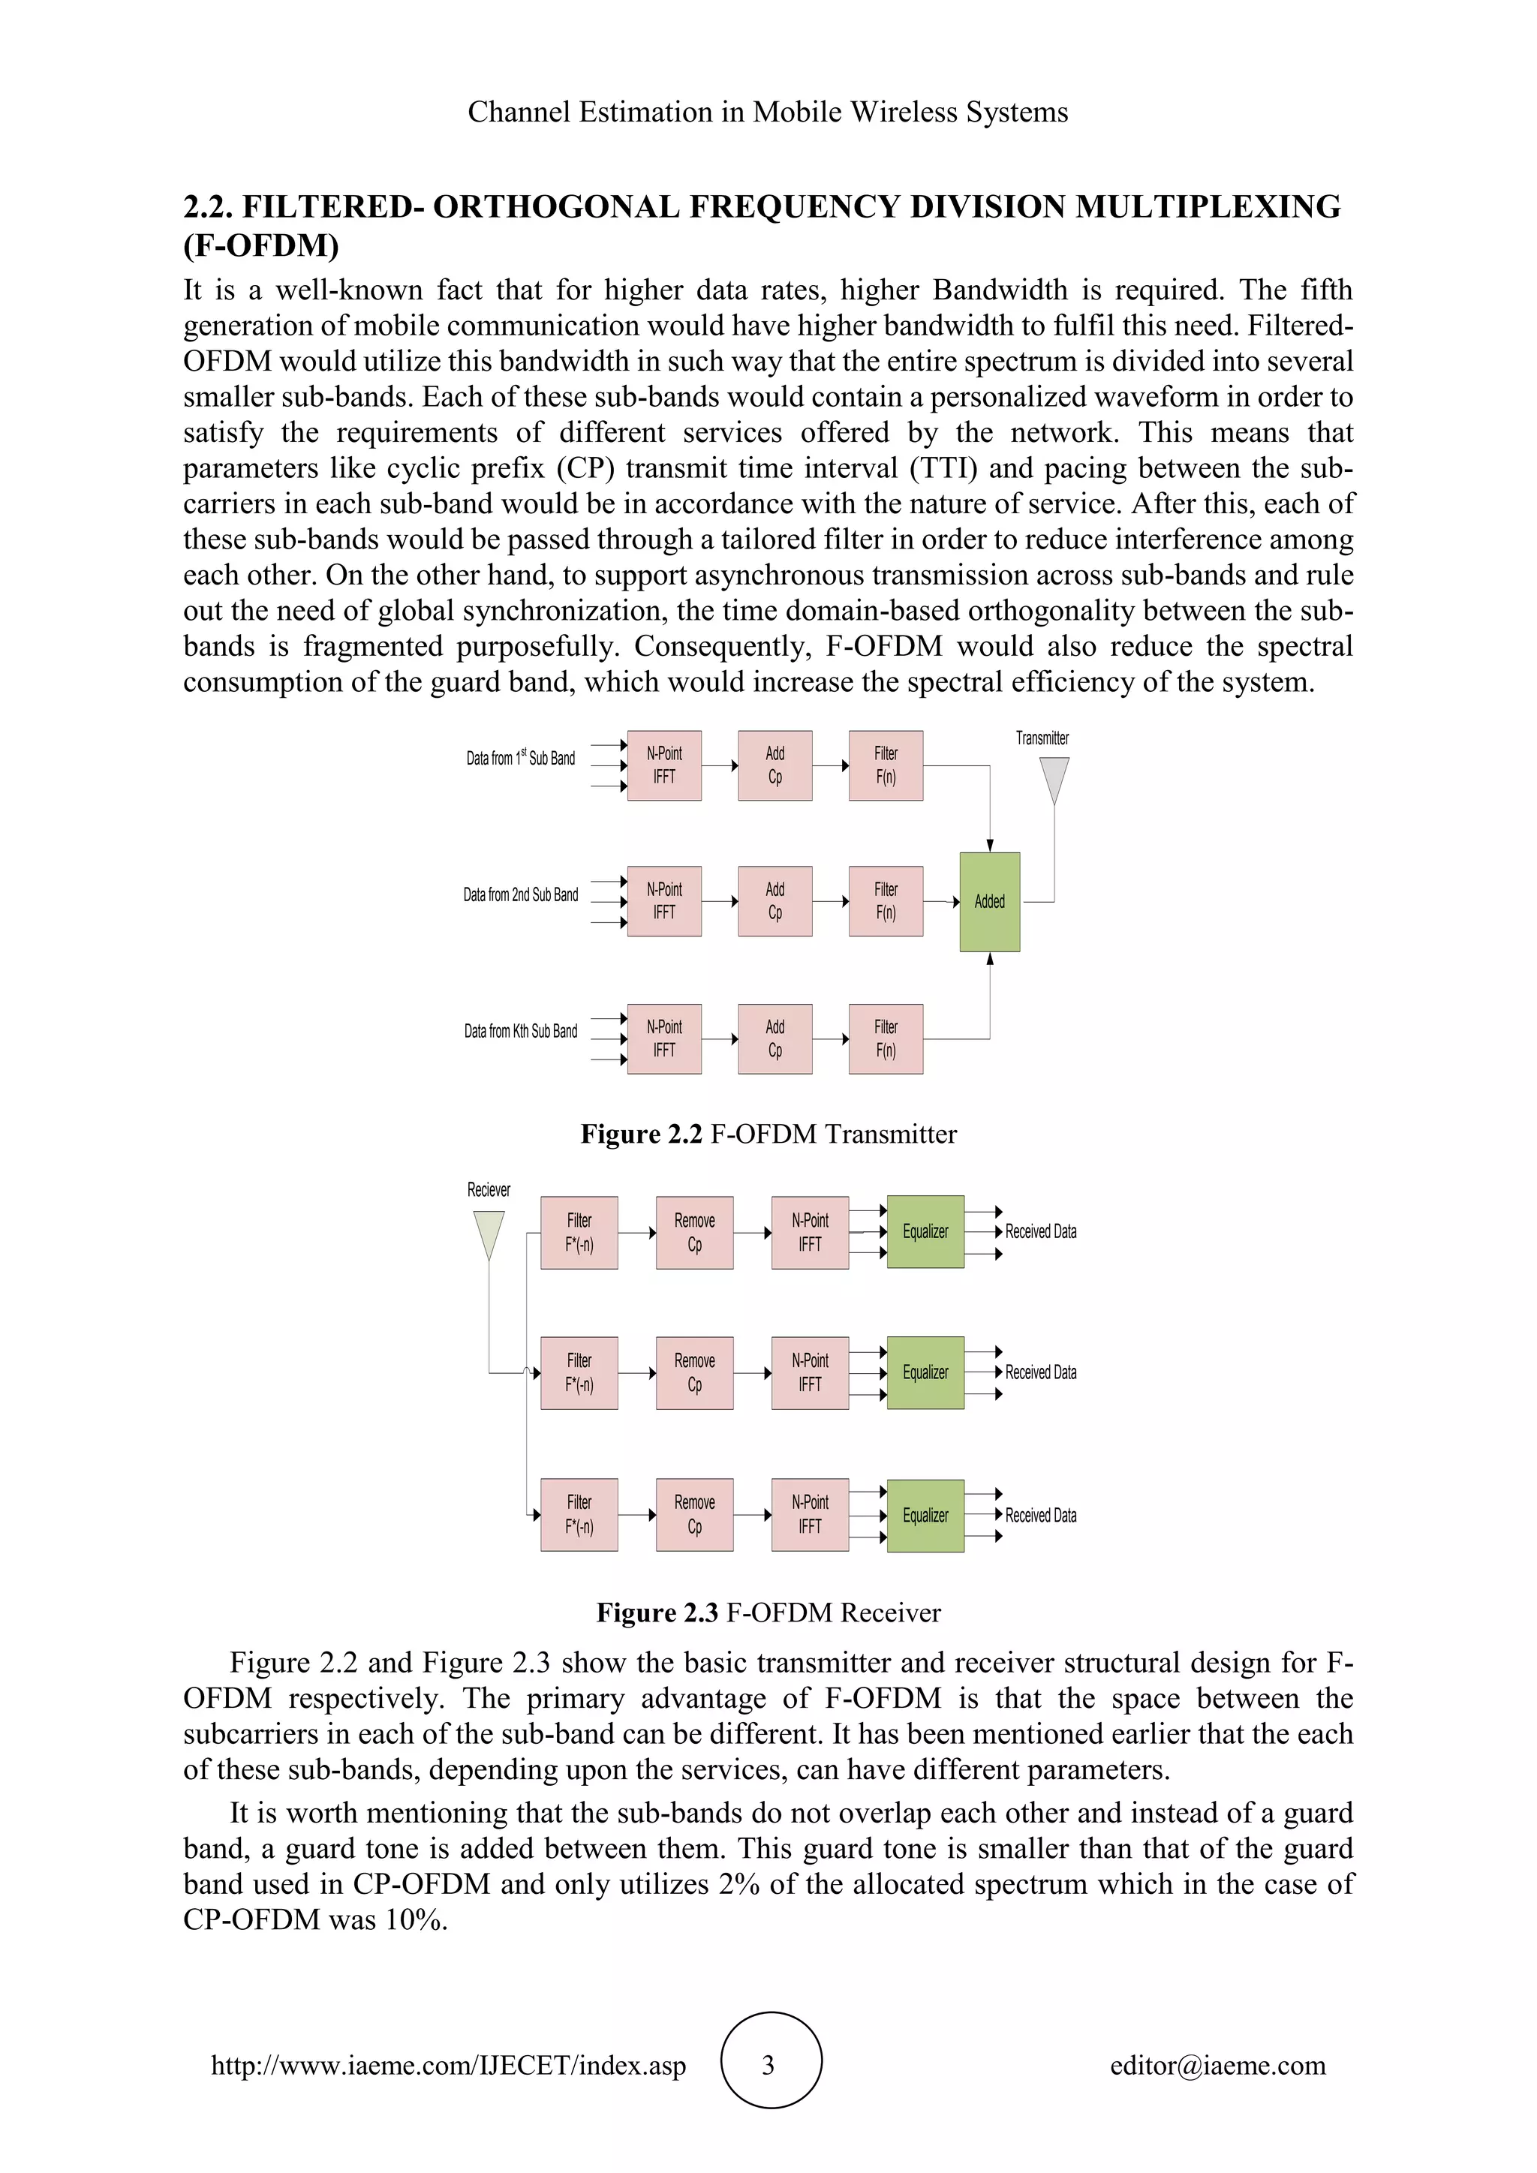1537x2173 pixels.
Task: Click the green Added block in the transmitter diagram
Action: pyautogui.click(x=989, y=901)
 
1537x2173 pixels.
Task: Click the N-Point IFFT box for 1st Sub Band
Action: pyautogui.click(x=664, y=765)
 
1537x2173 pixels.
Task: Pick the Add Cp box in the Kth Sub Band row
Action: pyautogui.click(x=775, y=1038)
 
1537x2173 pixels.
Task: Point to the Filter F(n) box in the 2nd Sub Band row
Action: pyautogui.click(x=886, y=901)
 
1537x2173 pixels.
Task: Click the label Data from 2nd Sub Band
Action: pyautogui.click(x=521, y=894)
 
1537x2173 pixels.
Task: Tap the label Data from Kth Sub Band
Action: pyautogui.click(x=521, y=1031)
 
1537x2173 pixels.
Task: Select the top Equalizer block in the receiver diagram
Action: pyautogui.click(x=925, y=1231)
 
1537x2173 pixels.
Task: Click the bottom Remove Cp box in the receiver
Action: pyautogui.click(x=695, y=1514)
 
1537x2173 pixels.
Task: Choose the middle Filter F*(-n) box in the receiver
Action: pyautogui.click(x=579, y=1372)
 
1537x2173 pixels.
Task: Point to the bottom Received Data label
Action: pyautogui.click(x=1041, y=1515)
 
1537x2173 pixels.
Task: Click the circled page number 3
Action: pyautogui.click(x=769, y=2065)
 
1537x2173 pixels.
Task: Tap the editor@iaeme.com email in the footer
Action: pyautogui.click(x=1218, y=2065)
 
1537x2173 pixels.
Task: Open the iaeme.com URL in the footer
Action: pyautogui.click(x=449, y=2065)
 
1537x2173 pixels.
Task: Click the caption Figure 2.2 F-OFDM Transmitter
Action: pyautogui.click(x=768, y=1134)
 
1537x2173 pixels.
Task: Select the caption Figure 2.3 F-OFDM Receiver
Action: pyautogui.click(x=768, y=1612)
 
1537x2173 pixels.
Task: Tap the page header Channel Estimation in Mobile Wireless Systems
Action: pyautogui.click(x=768, y=112)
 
